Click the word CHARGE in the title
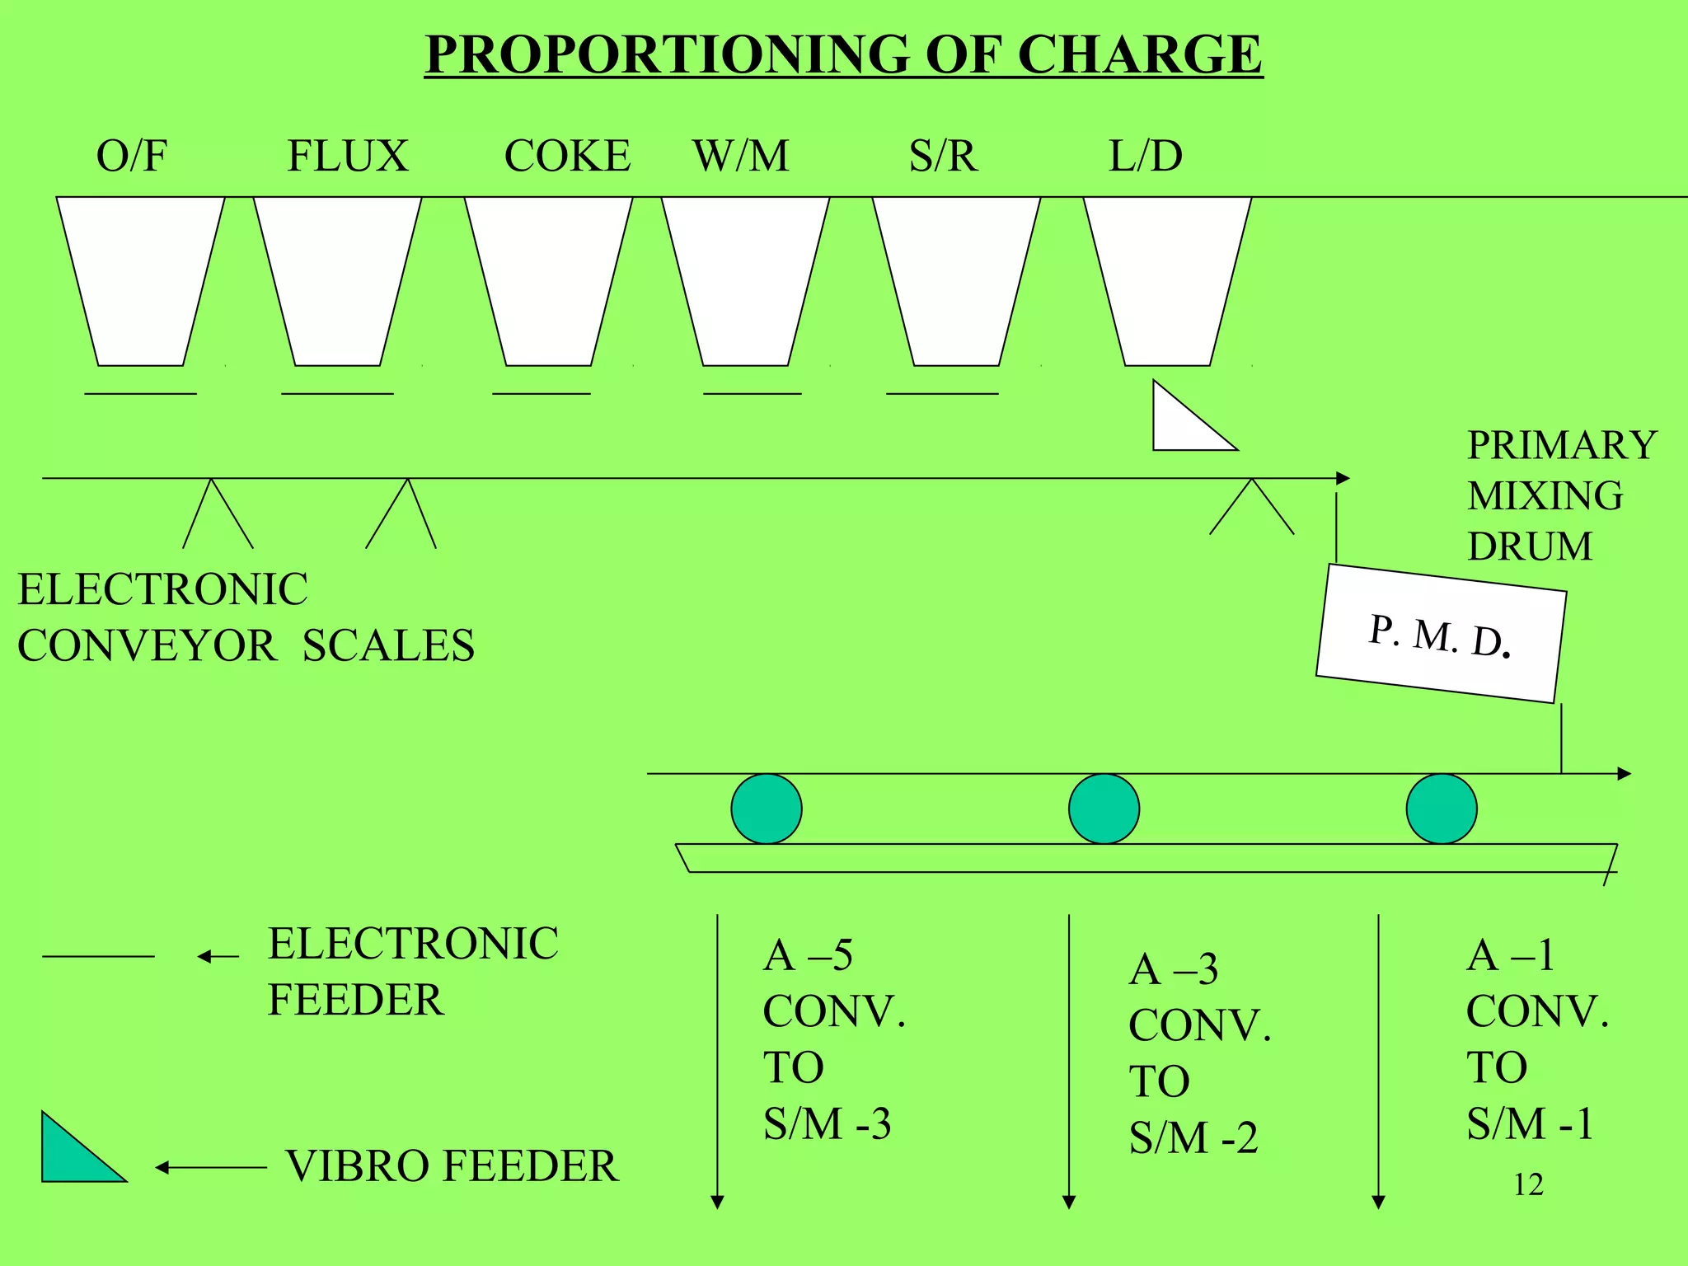pyautogui.click(x=1139, y=54)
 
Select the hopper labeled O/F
pyautogui.click(x=140, y=280)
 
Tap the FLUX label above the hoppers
pyautogui.click(x=347, y=156)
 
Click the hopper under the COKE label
pyautogui.click(x=548, y=280)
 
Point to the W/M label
pyautogui.click(x=741, y=156)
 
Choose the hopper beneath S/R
pyautogui.click(x=956, y=280)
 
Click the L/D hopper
pyautogui.click(x=1167, y=280)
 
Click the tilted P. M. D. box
pyautogui.click(x=1440, y=634)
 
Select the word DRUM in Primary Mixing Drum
pyautogui.click(x=1530, y=546)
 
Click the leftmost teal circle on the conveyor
pyautogui.click(x=767, y=809)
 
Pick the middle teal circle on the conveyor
pyautogui.click(x=1104, y=809)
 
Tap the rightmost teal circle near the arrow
pyautogui.click(x=1442, y=809)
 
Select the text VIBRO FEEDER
pyautogui.click(x=452, y=1166)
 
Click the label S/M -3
pyautogui.click(x=827, y=1123)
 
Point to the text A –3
pyautogui.click(x=1173, y=968)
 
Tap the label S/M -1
pyautogui.click(x=1530, y=1123)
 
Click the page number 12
pyautogui.click(x=1528, y=1184)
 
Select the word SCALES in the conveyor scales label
pyautogui.click(x=388, y=645)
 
